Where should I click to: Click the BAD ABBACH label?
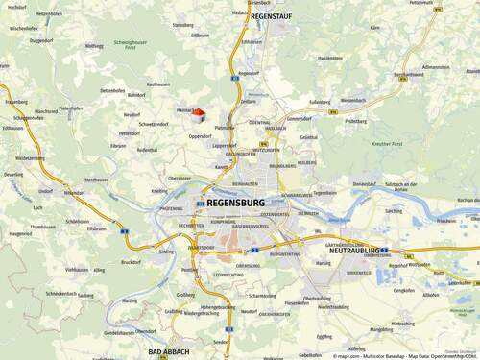coord(168,352)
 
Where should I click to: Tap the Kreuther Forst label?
coord(395,143)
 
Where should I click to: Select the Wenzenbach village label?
coord(351,100)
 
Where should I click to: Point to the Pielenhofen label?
coord(71,108)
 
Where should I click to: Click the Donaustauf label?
coord(364,183)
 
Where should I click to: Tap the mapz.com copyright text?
coord(350,355)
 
